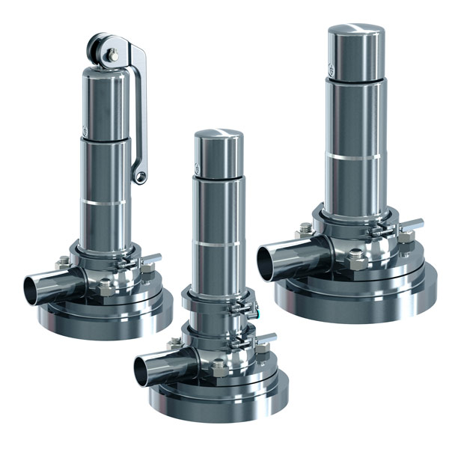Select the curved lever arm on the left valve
140,112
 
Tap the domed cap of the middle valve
219,141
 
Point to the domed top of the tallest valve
355,35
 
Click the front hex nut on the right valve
357,263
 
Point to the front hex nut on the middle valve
219,369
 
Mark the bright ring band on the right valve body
355,157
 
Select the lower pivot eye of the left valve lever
139,177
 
